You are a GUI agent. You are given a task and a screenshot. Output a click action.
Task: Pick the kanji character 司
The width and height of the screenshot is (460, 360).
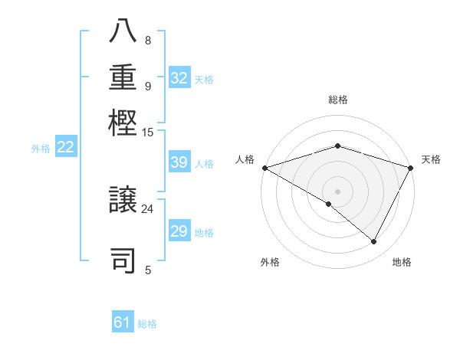point(123,260)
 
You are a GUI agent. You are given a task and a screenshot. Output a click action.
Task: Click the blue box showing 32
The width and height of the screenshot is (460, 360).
point(179,78)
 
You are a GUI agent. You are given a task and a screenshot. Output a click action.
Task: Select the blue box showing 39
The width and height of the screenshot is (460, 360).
point(179,162)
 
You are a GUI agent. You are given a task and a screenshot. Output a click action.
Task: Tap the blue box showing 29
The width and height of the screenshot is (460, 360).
point(179,231)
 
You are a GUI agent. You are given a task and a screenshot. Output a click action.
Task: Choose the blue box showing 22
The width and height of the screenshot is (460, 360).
point(65,148)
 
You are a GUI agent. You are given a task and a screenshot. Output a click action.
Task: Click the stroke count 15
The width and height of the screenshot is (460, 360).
point(147,133)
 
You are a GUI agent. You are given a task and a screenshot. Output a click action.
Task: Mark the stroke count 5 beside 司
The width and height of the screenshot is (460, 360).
point(148,270)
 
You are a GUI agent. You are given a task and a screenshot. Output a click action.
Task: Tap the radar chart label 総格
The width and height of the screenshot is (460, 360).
point(337,100)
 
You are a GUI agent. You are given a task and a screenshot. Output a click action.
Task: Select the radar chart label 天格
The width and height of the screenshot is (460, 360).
point(432,159)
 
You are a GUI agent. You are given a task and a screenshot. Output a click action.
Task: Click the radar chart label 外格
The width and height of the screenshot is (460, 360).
point(270,262)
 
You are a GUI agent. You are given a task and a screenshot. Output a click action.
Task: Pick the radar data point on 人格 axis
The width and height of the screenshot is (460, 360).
point(264,168)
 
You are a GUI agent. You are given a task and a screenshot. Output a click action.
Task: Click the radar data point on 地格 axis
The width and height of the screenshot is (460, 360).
point(374,242)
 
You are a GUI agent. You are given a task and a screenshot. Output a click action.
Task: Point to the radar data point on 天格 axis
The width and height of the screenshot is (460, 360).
point(411,168)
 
